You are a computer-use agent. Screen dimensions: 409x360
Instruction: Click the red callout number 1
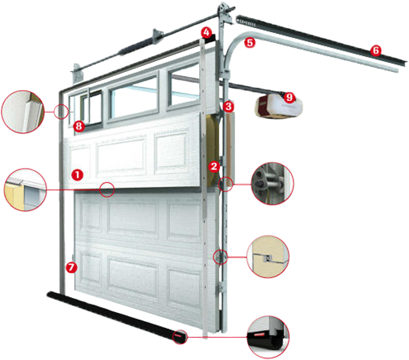pyautogui.click(x=77, y=174)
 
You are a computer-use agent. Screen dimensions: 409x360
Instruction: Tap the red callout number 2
pyautogui.click(x=214, y=166)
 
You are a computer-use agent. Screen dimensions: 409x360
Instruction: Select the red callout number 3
pyautogui.click(x=228, y=106)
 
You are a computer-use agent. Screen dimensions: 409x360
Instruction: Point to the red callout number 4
pyautogui.click(x=206, y=33)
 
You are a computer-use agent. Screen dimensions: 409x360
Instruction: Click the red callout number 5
pyautogui.click(x=250, y=42)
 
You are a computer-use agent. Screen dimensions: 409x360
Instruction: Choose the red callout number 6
pyautogui.click(x=375, y=50)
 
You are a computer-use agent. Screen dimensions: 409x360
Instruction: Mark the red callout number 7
pyautogui.click(x=71, y=268)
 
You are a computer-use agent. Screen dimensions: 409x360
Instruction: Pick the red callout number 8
pyautogui.click(x=79, y=127)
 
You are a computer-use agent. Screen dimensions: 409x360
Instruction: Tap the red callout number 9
pyautogui.click(x=289, y=97)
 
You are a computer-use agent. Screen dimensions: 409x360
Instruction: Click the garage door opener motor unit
pyautogui.click(x=278, y=106)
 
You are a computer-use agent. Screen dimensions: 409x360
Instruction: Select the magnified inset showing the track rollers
pyautogui.click(x=272, y=183)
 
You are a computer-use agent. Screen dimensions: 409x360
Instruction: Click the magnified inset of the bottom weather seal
pyautogui.click(x=268, y=337)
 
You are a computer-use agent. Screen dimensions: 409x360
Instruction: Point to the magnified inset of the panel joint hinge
pyautogui.click(x=268, y=257)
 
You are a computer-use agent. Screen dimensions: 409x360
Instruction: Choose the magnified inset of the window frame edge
pyautogui.click(x=23, y=112)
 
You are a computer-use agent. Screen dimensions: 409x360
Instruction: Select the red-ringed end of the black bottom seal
pyautogui.click(x=180, y=337)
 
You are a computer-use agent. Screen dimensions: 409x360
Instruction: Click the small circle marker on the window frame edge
pyautogui.click(x=61, y=112)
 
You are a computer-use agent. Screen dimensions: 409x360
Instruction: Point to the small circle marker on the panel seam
pyautogui.click(x=107, y=189)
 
